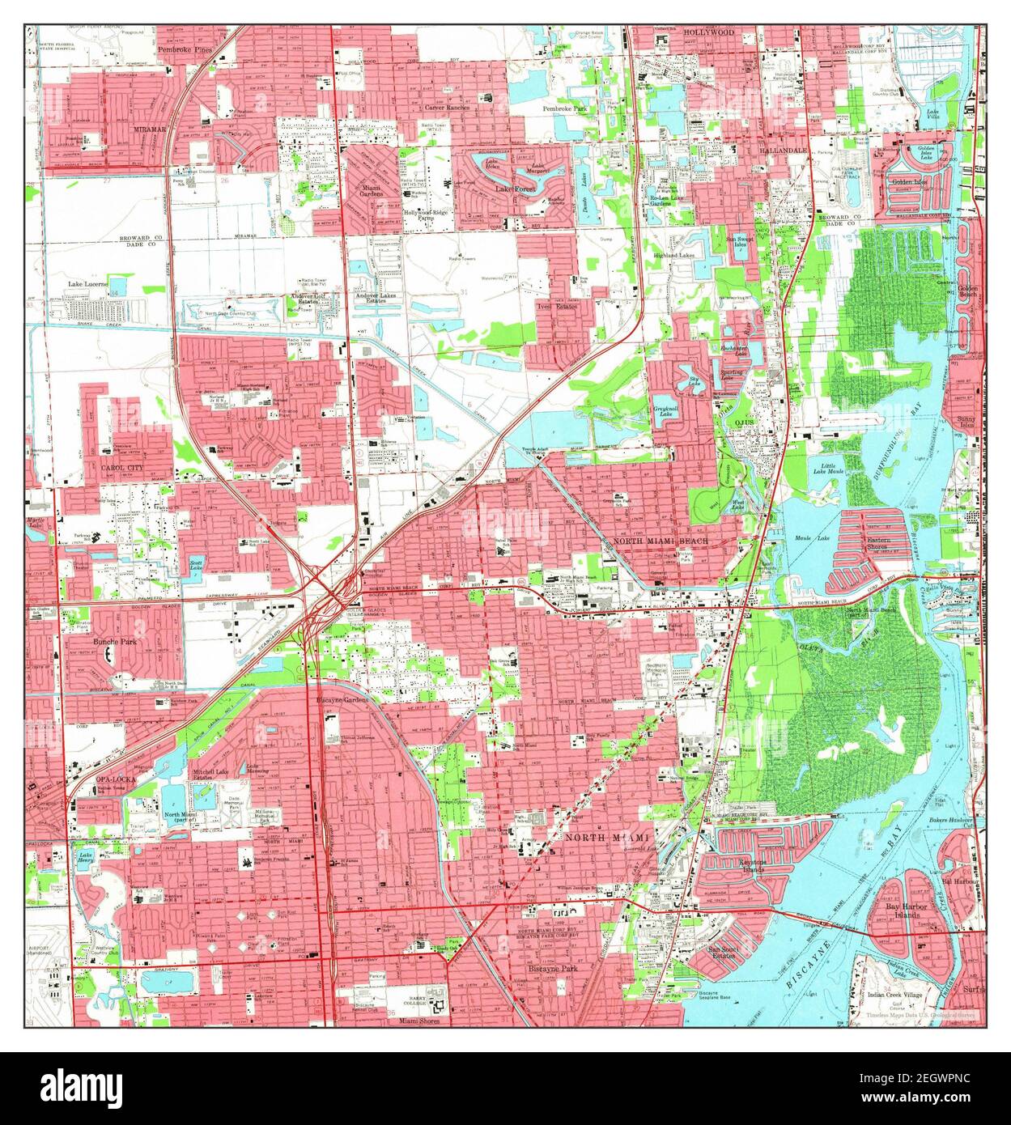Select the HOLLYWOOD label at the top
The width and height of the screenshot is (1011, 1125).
pyautogui.click(x=707, y=32)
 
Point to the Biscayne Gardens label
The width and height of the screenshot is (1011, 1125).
pyautogui.click(x=342, y=698)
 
